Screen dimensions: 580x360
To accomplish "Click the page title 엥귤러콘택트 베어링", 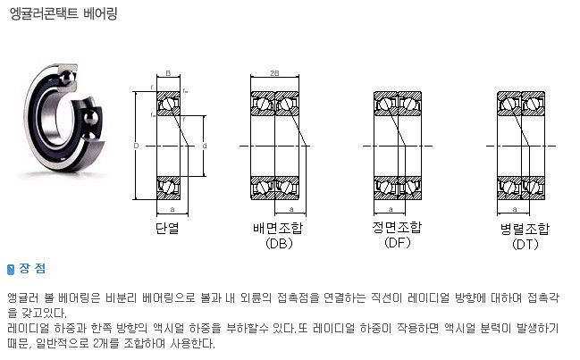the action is [x=63, y=13].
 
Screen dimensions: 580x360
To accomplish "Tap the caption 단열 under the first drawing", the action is [x=167, y=228].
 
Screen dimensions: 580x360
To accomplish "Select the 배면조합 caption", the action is [x=278, y=228].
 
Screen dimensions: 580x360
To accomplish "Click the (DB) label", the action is [x=279, y=243].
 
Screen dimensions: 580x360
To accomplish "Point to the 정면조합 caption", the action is [x=397, y=227].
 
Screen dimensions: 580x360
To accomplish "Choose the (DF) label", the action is [x=398, y=242].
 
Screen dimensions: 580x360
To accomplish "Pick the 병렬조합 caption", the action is [x=525, y=229].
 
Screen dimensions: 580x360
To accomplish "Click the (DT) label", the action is [x=525, y=244].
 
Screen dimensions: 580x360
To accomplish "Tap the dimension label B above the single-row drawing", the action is [x=168, y=73].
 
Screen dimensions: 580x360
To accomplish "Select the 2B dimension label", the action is [x=274, y=73].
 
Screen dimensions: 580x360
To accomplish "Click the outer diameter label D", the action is [x=136, y=146].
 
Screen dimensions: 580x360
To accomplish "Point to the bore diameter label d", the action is [x=205, y=146].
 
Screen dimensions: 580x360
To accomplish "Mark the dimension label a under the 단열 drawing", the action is [x=172, y=210].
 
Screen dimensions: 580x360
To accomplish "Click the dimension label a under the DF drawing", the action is [x=391, y=210].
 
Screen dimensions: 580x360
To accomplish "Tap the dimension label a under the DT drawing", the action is [x=515, y=210].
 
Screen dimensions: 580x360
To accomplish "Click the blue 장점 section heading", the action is [x=32, y=268].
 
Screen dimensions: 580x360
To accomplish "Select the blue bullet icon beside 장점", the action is [x=11, y=270].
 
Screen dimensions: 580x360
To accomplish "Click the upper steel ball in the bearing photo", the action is [x=68, y=78].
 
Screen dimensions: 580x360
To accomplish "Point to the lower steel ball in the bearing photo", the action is [x=91, y=118].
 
